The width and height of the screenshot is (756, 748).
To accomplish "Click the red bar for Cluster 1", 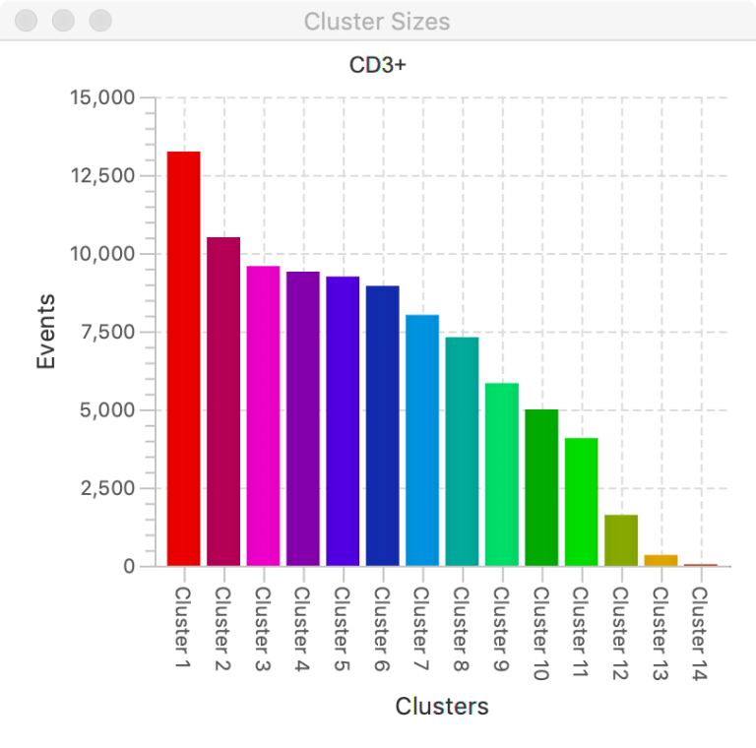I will [x=184, y=359].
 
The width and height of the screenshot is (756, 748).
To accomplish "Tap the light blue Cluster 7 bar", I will [x=422, y=440].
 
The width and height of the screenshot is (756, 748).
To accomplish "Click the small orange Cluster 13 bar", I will [x=661, y=560].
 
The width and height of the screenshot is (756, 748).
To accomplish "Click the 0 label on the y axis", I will [x=129, y=567].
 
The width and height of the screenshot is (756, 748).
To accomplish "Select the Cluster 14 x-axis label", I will [x=700, y=633].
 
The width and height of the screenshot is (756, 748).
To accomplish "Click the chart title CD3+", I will [x=378, y=66].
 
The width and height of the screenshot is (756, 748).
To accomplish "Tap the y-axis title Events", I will [x=45, y=332].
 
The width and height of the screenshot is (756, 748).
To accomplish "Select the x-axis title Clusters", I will [x=442, y=706].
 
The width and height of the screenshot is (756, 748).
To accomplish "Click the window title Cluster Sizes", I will [x=377, y=21].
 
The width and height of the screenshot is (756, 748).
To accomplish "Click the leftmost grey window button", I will [x=28, y=21].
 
